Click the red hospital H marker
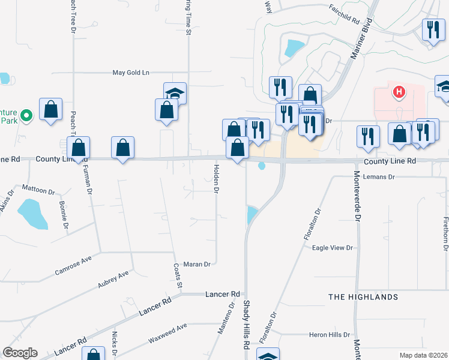(x=399, y=92)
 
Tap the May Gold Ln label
(x=131, y=73)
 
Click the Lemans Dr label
(x=382, y=177)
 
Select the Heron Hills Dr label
(x=329, y=335)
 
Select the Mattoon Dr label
(x=38, y=190)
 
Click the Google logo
(x=20, y=353)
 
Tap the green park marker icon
(x=26, y=115)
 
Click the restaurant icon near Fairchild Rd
(x=431, y=30)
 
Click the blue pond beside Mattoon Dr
(x=33, y=215)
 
